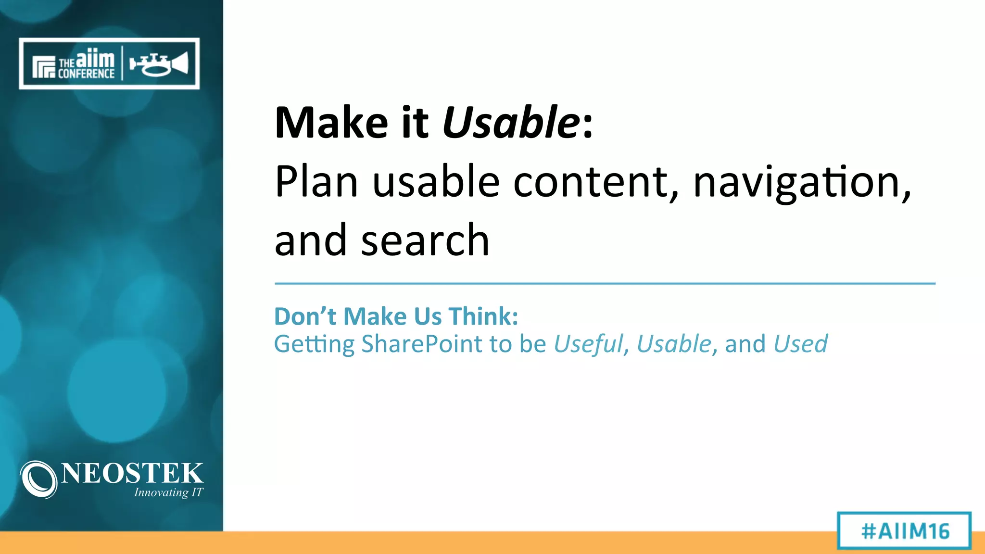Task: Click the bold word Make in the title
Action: coord(331,123)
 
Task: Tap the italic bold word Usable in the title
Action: coord(511,123)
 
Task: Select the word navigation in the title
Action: coord(801,183)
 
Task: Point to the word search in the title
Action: coord(425,240)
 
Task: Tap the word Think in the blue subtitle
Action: coord(483,316)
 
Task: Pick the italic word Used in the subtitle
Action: coord(801,344)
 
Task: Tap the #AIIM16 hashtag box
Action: coord(905,531)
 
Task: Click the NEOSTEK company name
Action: coord(132,473)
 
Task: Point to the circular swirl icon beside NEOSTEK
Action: coord(39,479)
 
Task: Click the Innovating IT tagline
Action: coord(168,492)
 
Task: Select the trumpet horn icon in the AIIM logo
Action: coord(159,64)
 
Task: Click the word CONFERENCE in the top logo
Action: coord(86,74)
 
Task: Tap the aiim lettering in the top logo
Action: coord(95,59)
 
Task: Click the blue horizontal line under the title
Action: coord(605,284)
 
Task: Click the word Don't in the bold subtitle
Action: coord(305,316)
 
